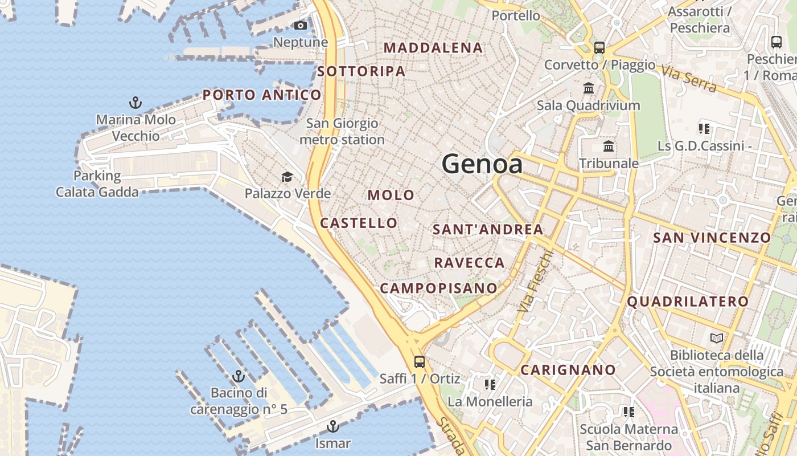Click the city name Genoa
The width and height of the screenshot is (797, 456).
482,164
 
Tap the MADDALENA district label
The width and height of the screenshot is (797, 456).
434,48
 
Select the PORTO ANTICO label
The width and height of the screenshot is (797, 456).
262,95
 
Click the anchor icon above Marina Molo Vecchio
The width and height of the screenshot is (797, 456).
135,103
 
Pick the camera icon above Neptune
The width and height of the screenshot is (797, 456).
300,25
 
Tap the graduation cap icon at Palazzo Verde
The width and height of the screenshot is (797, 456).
287,177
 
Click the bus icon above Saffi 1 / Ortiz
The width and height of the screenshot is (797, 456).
420,361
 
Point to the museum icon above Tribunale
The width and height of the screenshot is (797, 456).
609,146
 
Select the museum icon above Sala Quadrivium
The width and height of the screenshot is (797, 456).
589,88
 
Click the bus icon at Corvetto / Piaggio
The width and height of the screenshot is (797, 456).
599,47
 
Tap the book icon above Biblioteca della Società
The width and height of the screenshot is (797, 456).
717,339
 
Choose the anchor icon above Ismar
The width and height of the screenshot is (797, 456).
333,426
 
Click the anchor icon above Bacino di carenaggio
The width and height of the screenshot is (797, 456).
239,376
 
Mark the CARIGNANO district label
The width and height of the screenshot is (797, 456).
568,370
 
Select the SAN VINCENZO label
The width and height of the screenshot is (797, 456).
712,237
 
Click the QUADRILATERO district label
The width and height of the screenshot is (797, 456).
688,302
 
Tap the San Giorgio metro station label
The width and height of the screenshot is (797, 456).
342,131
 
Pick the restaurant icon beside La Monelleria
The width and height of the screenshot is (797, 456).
490,385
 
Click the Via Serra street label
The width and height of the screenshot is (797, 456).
688,78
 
